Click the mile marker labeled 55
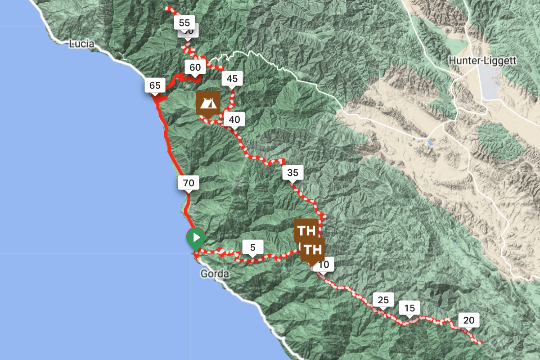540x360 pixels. [184, 22]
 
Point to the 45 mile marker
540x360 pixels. [232, 79]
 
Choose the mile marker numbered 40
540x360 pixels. [234, 119]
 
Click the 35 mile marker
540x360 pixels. [292, 172]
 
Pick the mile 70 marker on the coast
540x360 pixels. [189, 183]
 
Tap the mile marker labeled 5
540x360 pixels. [252, 247]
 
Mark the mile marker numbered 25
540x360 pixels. [383, 299]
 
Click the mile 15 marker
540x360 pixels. [409, 308]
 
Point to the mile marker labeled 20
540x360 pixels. [468, 320]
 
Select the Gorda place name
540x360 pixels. [215, 274]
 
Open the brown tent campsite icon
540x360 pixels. [208, 103]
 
